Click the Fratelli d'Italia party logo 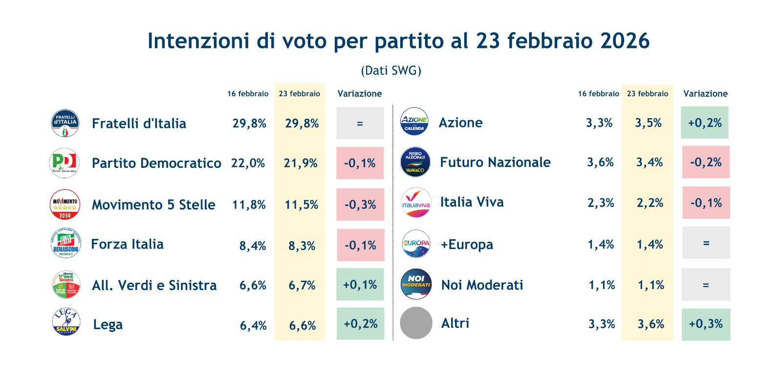tap(65, 123)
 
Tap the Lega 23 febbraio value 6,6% tap(303, 325)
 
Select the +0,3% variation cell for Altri tap(706, 324)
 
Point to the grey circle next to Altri tap(416, 323)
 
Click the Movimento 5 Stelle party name tap(153, 205)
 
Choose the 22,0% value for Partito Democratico tap(248, 163)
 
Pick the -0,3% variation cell tap(360, 205)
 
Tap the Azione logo tap(414, 122)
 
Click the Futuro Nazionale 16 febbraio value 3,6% tap(600, 162)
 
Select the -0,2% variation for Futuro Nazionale tap(706, 162)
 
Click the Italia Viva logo tap(416, 203)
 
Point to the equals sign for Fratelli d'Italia tap(360, 124)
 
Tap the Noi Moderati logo tap(416, 284)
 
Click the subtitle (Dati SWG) tap(391, 71)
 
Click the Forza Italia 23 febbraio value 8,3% tap(302, 246)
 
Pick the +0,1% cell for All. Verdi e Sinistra tap(360, 285)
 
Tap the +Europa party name tap(467, 244)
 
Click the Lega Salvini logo tap(66, 322)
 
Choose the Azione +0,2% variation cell tap(705, 123)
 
